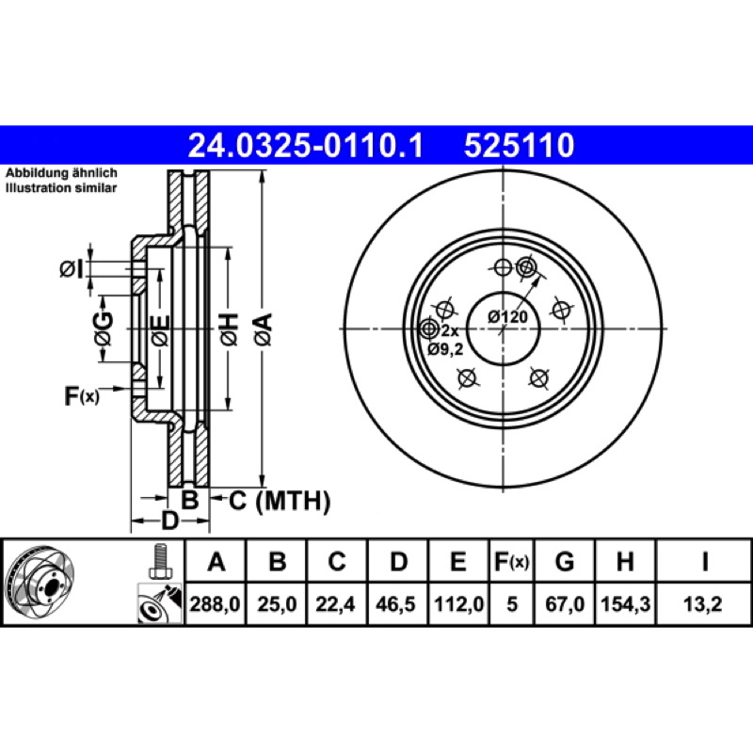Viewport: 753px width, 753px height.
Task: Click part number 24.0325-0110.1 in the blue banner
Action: (305, 146)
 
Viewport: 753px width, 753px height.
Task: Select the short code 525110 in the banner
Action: (519, 146)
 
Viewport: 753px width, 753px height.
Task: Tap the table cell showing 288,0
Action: (215, 604)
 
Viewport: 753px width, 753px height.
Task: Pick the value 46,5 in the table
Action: (395, 604)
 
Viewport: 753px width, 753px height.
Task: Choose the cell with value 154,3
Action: (625, 604)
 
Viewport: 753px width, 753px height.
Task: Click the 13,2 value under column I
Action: (702, 604)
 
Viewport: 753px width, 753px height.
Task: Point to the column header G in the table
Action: (565, 561)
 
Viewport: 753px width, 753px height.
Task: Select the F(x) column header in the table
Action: (511, 561)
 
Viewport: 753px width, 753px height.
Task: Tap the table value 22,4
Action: (335, 604)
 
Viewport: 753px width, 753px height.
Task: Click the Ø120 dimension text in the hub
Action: (507, 317)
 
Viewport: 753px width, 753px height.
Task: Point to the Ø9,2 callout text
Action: (445, 349)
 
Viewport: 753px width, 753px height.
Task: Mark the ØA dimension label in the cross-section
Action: (264, 329)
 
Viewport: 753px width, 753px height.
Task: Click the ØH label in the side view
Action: (230, 329)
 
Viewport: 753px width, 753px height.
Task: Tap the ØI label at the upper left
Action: (72, 269)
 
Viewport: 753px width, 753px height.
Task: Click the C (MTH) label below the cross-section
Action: (280, 501)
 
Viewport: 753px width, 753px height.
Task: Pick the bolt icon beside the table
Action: (159, 561)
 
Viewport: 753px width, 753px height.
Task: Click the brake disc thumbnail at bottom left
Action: (40, 582)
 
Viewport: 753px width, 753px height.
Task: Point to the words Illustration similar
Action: (61, 187)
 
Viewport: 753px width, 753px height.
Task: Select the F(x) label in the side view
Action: (82, 395)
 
